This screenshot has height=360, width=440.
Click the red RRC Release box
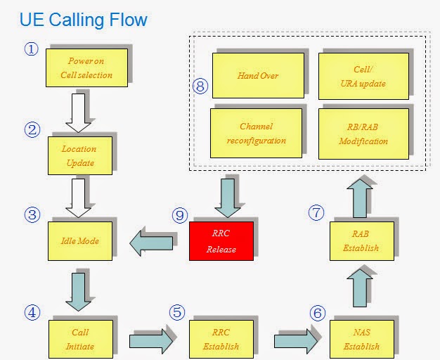[x=221, y=241]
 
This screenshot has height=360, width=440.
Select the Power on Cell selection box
[x=86, y=67]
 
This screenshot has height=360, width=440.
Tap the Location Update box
[x=80, y=155]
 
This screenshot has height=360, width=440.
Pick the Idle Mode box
[x=80, y=241]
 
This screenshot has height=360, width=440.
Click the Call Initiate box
[x=81, y=339]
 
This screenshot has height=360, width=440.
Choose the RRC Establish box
[x=221, y=339]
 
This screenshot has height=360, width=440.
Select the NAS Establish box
[x=362, y=339]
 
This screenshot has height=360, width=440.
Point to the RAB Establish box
[x=362, y=241]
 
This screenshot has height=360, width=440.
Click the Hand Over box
[x=258, y=75]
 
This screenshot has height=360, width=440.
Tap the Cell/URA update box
[x=363, y=76]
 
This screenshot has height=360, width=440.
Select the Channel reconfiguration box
[x=257, y=133]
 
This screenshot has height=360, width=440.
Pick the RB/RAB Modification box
[x=363, y=134]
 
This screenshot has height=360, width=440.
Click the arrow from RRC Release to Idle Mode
[x=151, y=243]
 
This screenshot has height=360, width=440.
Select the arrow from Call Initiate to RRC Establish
[x=151, y=341]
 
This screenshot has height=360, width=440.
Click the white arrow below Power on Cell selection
[x=78, y=113]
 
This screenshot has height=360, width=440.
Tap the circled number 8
[x=200, y=86]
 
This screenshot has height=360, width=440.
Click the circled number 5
[x=177, y=312]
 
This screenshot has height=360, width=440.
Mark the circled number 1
[x=32, y=49]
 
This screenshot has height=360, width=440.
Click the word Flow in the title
[x=128, y=20]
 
